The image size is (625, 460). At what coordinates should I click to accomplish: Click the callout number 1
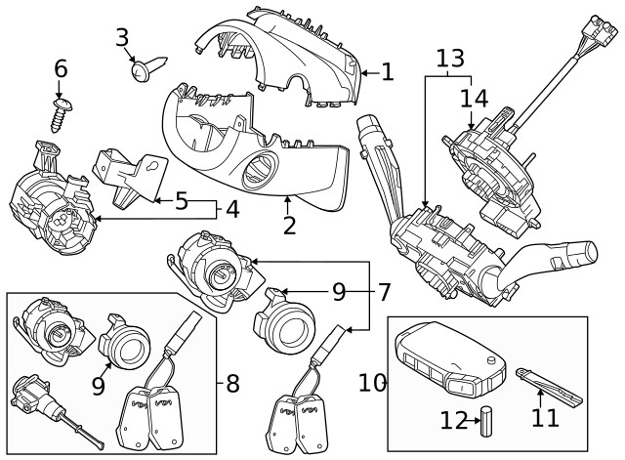[387, 71]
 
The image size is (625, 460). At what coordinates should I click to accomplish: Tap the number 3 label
[122, 38]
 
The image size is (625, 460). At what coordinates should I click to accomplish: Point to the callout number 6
[61, 69]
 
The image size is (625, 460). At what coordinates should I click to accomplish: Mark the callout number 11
[545, 417]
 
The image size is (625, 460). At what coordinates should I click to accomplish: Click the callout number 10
[372, 382]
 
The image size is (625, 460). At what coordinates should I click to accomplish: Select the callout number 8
[232, 383]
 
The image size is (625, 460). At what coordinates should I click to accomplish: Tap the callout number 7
[384, 291]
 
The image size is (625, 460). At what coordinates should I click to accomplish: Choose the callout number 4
[231, 208]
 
